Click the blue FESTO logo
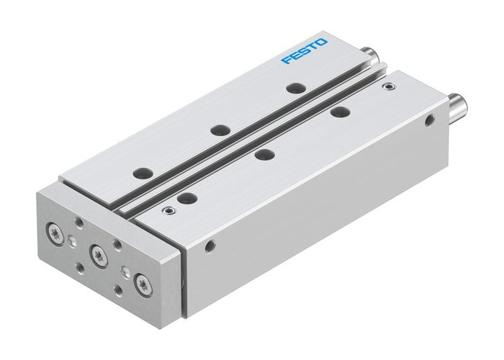tap(304, 50)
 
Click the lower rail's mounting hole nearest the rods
tap(336, 112)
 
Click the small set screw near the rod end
tap(390, 87)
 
